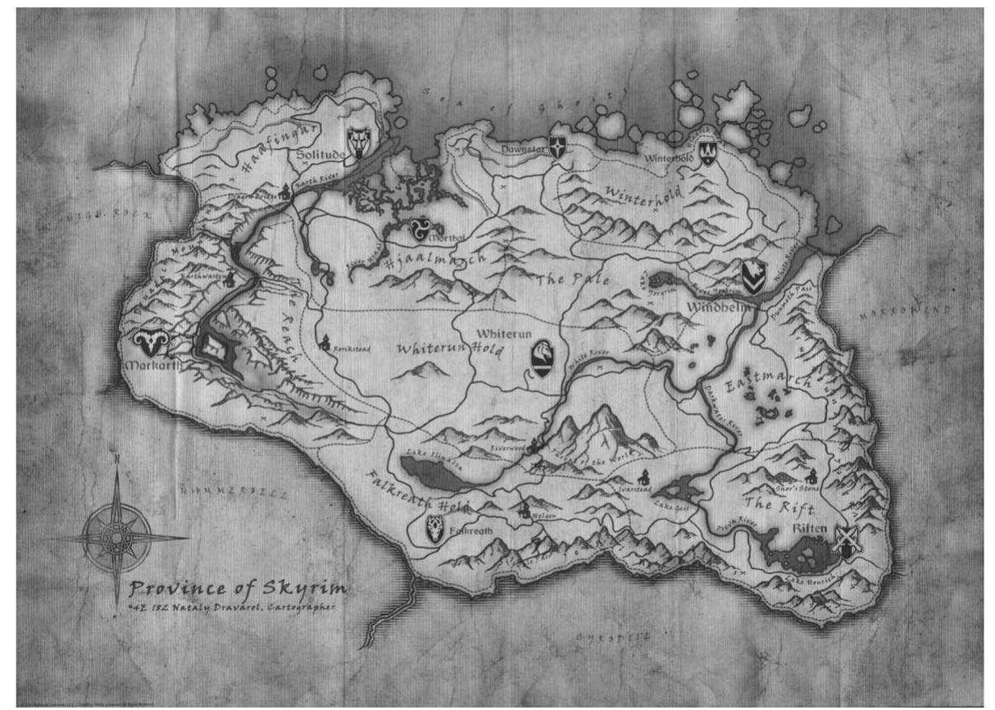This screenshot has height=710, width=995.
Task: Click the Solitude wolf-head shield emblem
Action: [359, 143]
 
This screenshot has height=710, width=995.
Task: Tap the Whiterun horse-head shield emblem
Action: [542, 357]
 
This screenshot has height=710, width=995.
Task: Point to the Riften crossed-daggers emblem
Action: [847, 539]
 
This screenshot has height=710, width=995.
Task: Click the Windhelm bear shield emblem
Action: [753, 277]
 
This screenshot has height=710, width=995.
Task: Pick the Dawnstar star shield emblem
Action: [558, 147]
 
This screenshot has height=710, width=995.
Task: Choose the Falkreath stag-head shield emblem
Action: [434, 530]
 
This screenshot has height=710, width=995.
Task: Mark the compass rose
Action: [116, 537]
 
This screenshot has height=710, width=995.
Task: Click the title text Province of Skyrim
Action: [237, 589]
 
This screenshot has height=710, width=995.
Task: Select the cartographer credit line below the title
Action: [231, 608]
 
